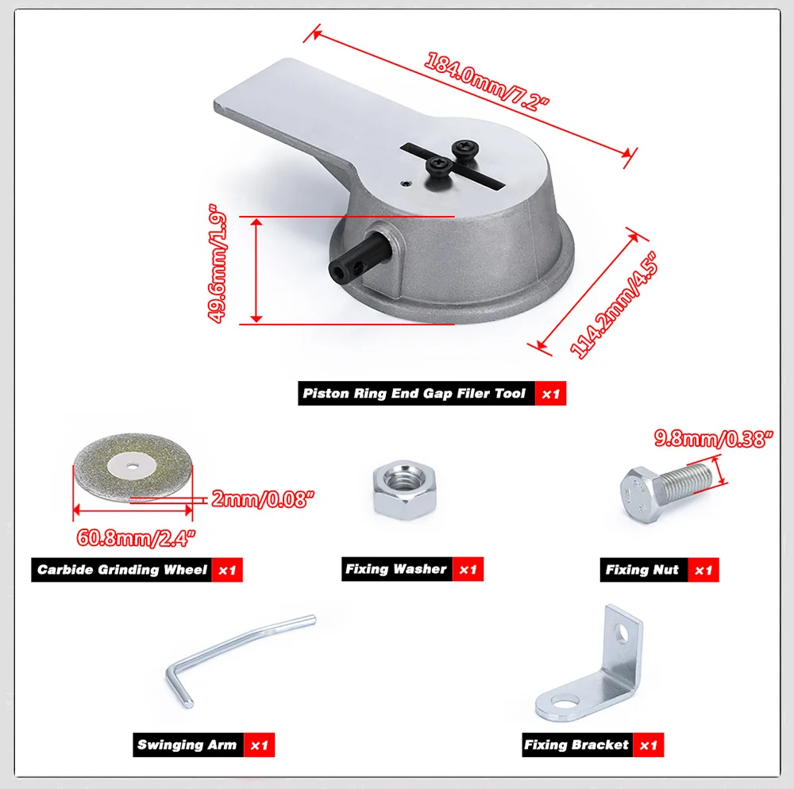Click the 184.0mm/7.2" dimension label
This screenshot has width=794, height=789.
[486, 82]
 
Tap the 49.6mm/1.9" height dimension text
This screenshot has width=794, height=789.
[218, 264]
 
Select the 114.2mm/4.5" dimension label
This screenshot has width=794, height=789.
[614, 306]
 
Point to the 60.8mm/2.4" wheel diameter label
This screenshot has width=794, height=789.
[136, 538]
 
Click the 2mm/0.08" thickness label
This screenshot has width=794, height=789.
[262, 499]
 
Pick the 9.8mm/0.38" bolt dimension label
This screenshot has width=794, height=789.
[714, 439]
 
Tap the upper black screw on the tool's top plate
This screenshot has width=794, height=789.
[465, 149]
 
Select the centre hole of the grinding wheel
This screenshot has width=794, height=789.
[133, 466]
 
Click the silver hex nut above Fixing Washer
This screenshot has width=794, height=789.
[404, 490]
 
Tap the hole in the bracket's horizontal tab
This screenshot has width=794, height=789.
[563, 702]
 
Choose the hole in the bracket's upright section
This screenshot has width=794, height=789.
[621, 633]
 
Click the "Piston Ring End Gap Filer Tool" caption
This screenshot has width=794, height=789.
[414, 393]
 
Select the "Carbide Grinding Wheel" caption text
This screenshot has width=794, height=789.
[122, 570]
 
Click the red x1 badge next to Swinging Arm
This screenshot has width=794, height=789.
[260, 745]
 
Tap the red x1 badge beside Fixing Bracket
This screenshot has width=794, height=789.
[648, 745]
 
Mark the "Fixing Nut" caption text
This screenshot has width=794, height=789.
[642, 570]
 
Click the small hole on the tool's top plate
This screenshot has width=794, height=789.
[404, 183]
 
